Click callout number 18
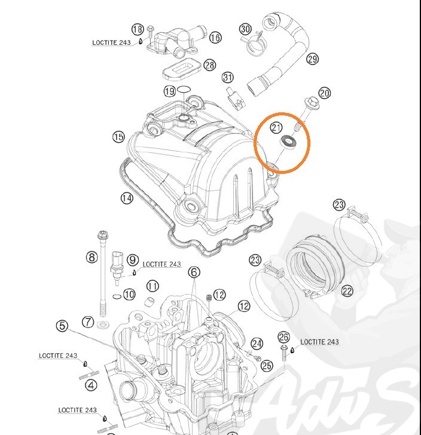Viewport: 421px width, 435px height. coord(138,29)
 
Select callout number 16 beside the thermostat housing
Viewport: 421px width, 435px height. coord(215,38)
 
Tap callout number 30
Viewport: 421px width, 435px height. coord(245,29)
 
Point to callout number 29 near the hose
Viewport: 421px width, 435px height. coord(312,59)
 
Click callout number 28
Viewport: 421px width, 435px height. coord(209,65)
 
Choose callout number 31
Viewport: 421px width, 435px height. coord(227,78)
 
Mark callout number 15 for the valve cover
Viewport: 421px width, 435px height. coord(118,137)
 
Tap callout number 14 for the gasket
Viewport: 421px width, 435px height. coord(127,198)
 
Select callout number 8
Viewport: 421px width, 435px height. coord(91,258)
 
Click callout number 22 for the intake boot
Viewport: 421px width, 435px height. coord(347,291)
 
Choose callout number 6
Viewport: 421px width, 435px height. coord(194,272)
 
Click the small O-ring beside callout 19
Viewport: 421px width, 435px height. coord(185,90)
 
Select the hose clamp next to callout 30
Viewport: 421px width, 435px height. coord(254,42)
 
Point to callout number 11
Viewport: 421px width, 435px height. coord(152,286)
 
